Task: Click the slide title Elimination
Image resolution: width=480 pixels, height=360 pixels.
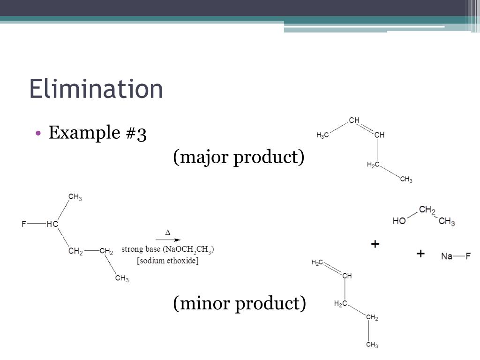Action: pos(96,89)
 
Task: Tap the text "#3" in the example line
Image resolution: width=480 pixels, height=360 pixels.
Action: pos(136,133)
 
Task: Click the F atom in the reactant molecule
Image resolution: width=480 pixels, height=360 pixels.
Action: pos(24,224)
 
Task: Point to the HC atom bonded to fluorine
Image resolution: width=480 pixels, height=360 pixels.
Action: pos(52,224)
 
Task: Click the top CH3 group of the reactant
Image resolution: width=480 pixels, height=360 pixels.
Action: pos(75,197)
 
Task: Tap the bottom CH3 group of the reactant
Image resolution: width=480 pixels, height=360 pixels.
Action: pos(122,278)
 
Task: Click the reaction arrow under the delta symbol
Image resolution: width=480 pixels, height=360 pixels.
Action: pos(168,240)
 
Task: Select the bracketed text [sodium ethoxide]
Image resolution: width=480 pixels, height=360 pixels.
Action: pos(167,261)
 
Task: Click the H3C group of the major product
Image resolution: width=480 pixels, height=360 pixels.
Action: pos(322,135)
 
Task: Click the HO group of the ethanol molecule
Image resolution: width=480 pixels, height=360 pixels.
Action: pos(399,221)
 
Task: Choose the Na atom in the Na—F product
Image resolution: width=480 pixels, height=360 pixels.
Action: pos(447,256)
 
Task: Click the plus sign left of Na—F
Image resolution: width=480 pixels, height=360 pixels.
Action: pos(420,254)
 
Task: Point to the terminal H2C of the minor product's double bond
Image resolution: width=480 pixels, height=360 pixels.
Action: pos(317,263)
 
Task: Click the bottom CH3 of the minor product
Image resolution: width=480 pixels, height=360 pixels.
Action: pos(372,345)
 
